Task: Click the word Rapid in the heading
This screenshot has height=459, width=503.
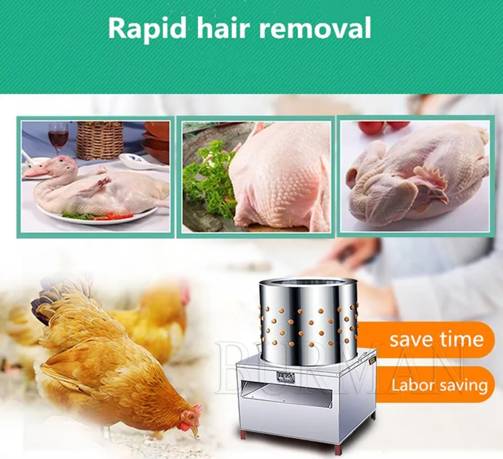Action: pos(147,29)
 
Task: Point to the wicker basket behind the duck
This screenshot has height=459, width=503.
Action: pos(100,140)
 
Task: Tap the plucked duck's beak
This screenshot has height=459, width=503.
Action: pos(35,172)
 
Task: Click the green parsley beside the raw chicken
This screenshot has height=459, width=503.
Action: pos(209,180)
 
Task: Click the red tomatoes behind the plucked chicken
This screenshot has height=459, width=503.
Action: pos(384,125)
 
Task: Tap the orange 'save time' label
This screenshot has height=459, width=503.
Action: pos(427,340)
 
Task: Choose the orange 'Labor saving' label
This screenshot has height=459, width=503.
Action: pos(434,384)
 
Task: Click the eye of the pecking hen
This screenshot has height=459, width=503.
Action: pos(192,417)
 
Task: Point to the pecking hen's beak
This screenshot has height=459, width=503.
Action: pos(196,431)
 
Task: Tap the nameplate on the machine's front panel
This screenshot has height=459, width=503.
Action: pos(285,377)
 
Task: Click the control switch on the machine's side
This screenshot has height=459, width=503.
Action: pos(373,360)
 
